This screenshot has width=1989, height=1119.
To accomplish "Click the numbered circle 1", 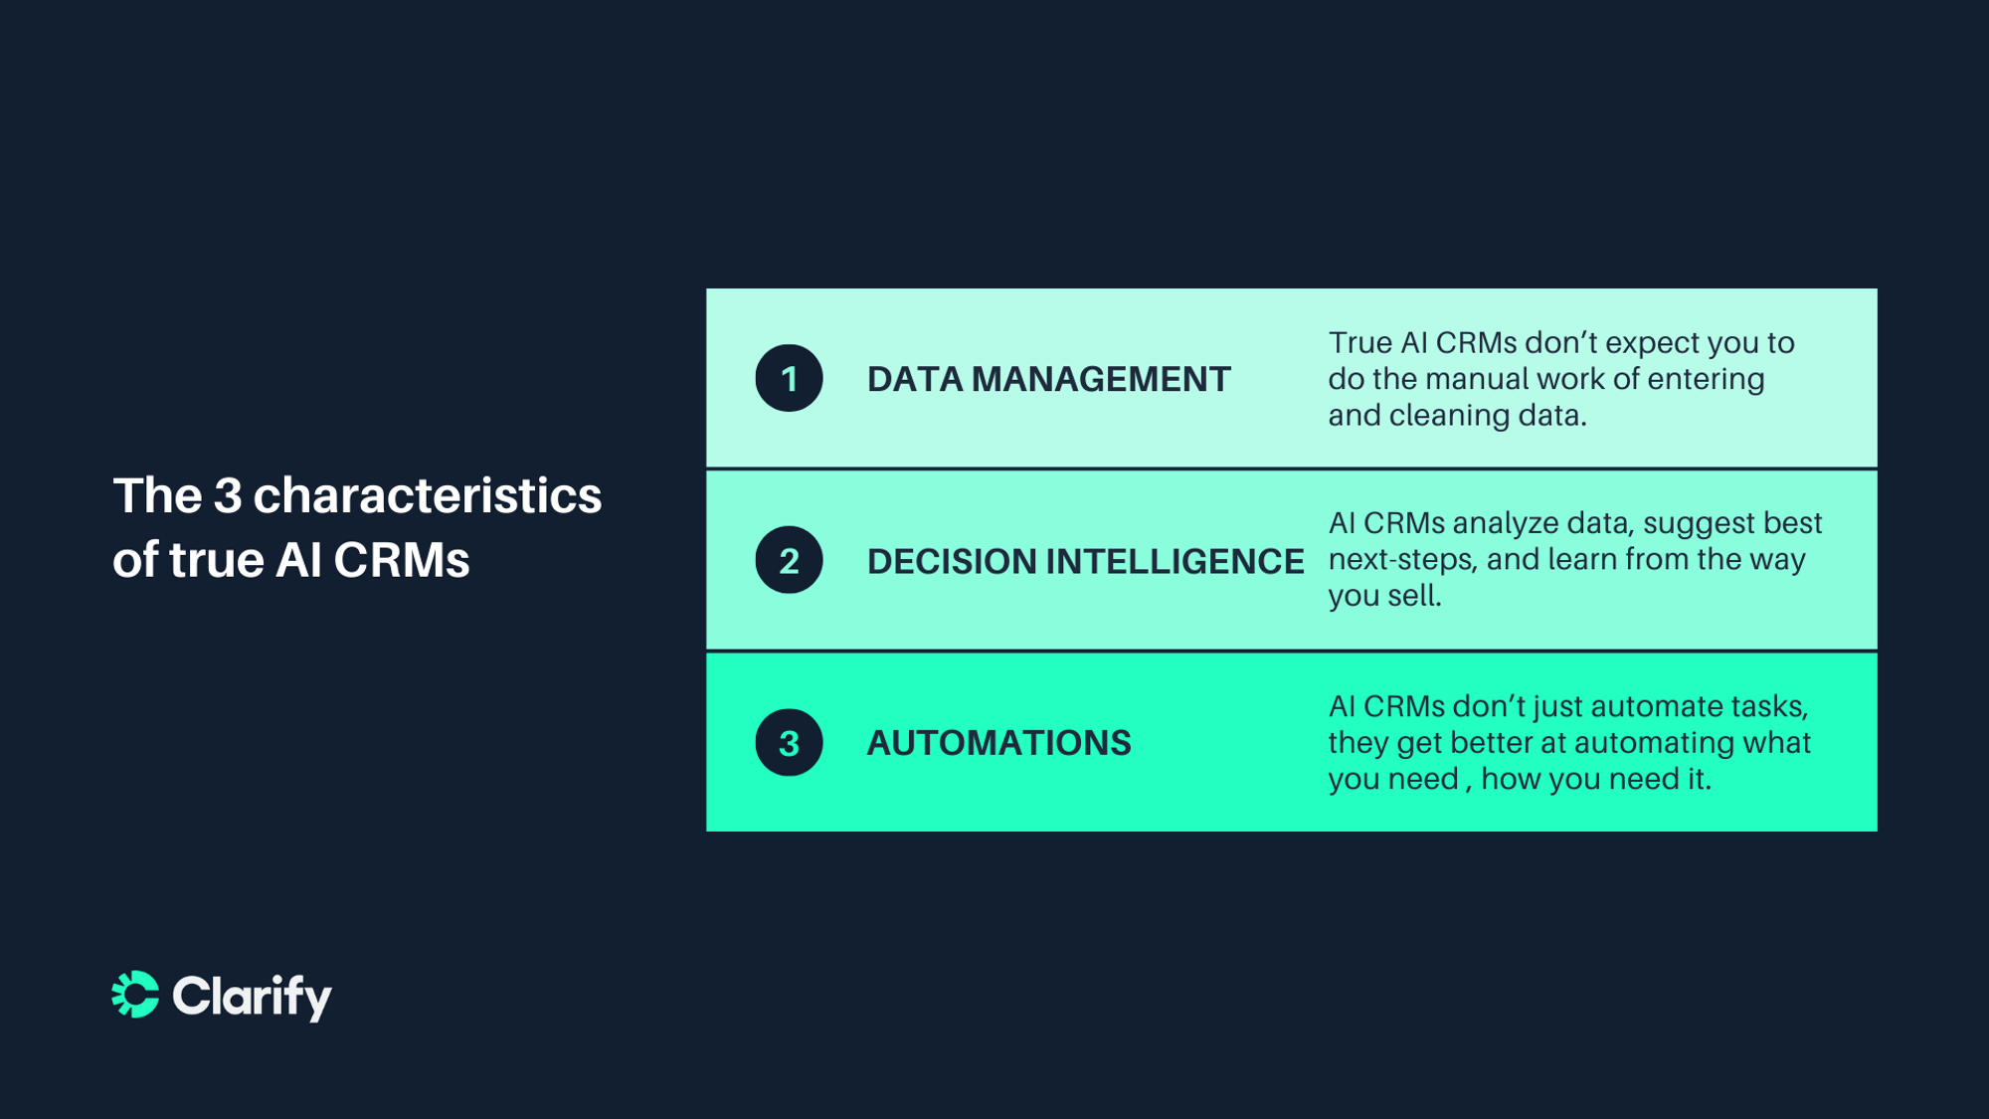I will tap(789, 379).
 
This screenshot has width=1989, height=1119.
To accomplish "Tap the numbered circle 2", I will tap(789, 561).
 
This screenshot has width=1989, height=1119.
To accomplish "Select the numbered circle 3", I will tap(789, 743).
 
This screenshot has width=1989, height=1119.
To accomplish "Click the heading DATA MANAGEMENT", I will tap(1048, 379).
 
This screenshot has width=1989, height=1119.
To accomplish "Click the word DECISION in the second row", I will tap(952, 562).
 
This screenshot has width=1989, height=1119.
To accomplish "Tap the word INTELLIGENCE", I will tap(1175, 562).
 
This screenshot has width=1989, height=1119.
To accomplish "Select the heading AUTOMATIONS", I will tap(998, 743).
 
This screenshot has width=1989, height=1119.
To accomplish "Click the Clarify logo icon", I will tap(135, 995).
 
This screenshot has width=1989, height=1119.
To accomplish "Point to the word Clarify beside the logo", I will tap(253, 996).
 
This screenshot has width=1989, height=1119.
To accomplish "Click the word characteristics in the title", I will tap(427, 495).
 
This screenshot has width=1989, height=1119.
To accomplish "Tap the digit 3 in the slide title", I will tap(228, 495).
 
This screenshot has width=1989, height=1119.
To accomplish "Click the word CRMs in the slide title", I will tap(401, 560).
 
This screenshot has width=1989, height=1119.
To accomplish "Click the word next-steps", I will tap(1402, 560).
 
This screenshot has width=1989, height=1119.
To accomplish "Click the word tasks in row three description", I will tap(1769, 706).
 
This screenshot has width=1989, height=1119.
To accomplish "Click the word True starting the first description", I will tap(1360, 343).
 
